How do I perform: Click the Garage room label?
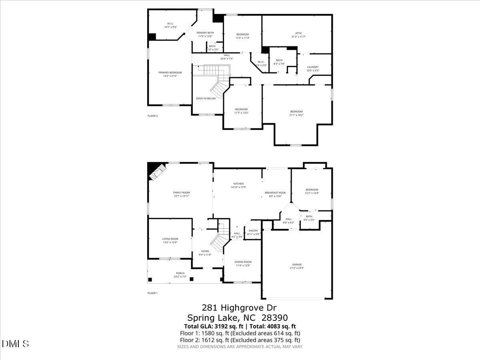(297, 264)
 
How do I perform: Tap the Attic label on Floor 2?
(299, 33)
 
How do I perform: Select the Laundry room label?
(313, 67)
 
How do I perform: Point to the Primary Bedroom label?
(170, 72)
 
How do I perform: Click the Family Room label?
(181, 192)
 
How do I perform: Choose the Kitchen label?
(238, 184)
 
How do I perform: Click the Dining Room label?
(243, 262)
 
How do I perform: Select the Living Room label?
(170, 239)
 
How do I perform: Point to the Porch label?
(180, 273)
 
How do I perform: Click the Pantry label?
(253, 230)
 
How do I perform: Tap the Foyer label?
(205, 251)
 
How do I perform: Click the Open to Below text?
(206, 98)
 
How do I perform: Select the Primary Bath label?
(205, 32)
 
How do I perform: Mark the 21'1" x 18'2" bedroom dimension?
(296, 115)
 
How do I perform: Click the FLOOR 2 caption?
(153, 116)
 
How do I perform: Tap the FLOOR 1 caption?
(152, 293)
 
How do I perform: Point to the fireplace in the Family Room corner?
(156, 171)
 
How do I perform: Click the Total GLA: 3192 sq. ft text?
(214, 326)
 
